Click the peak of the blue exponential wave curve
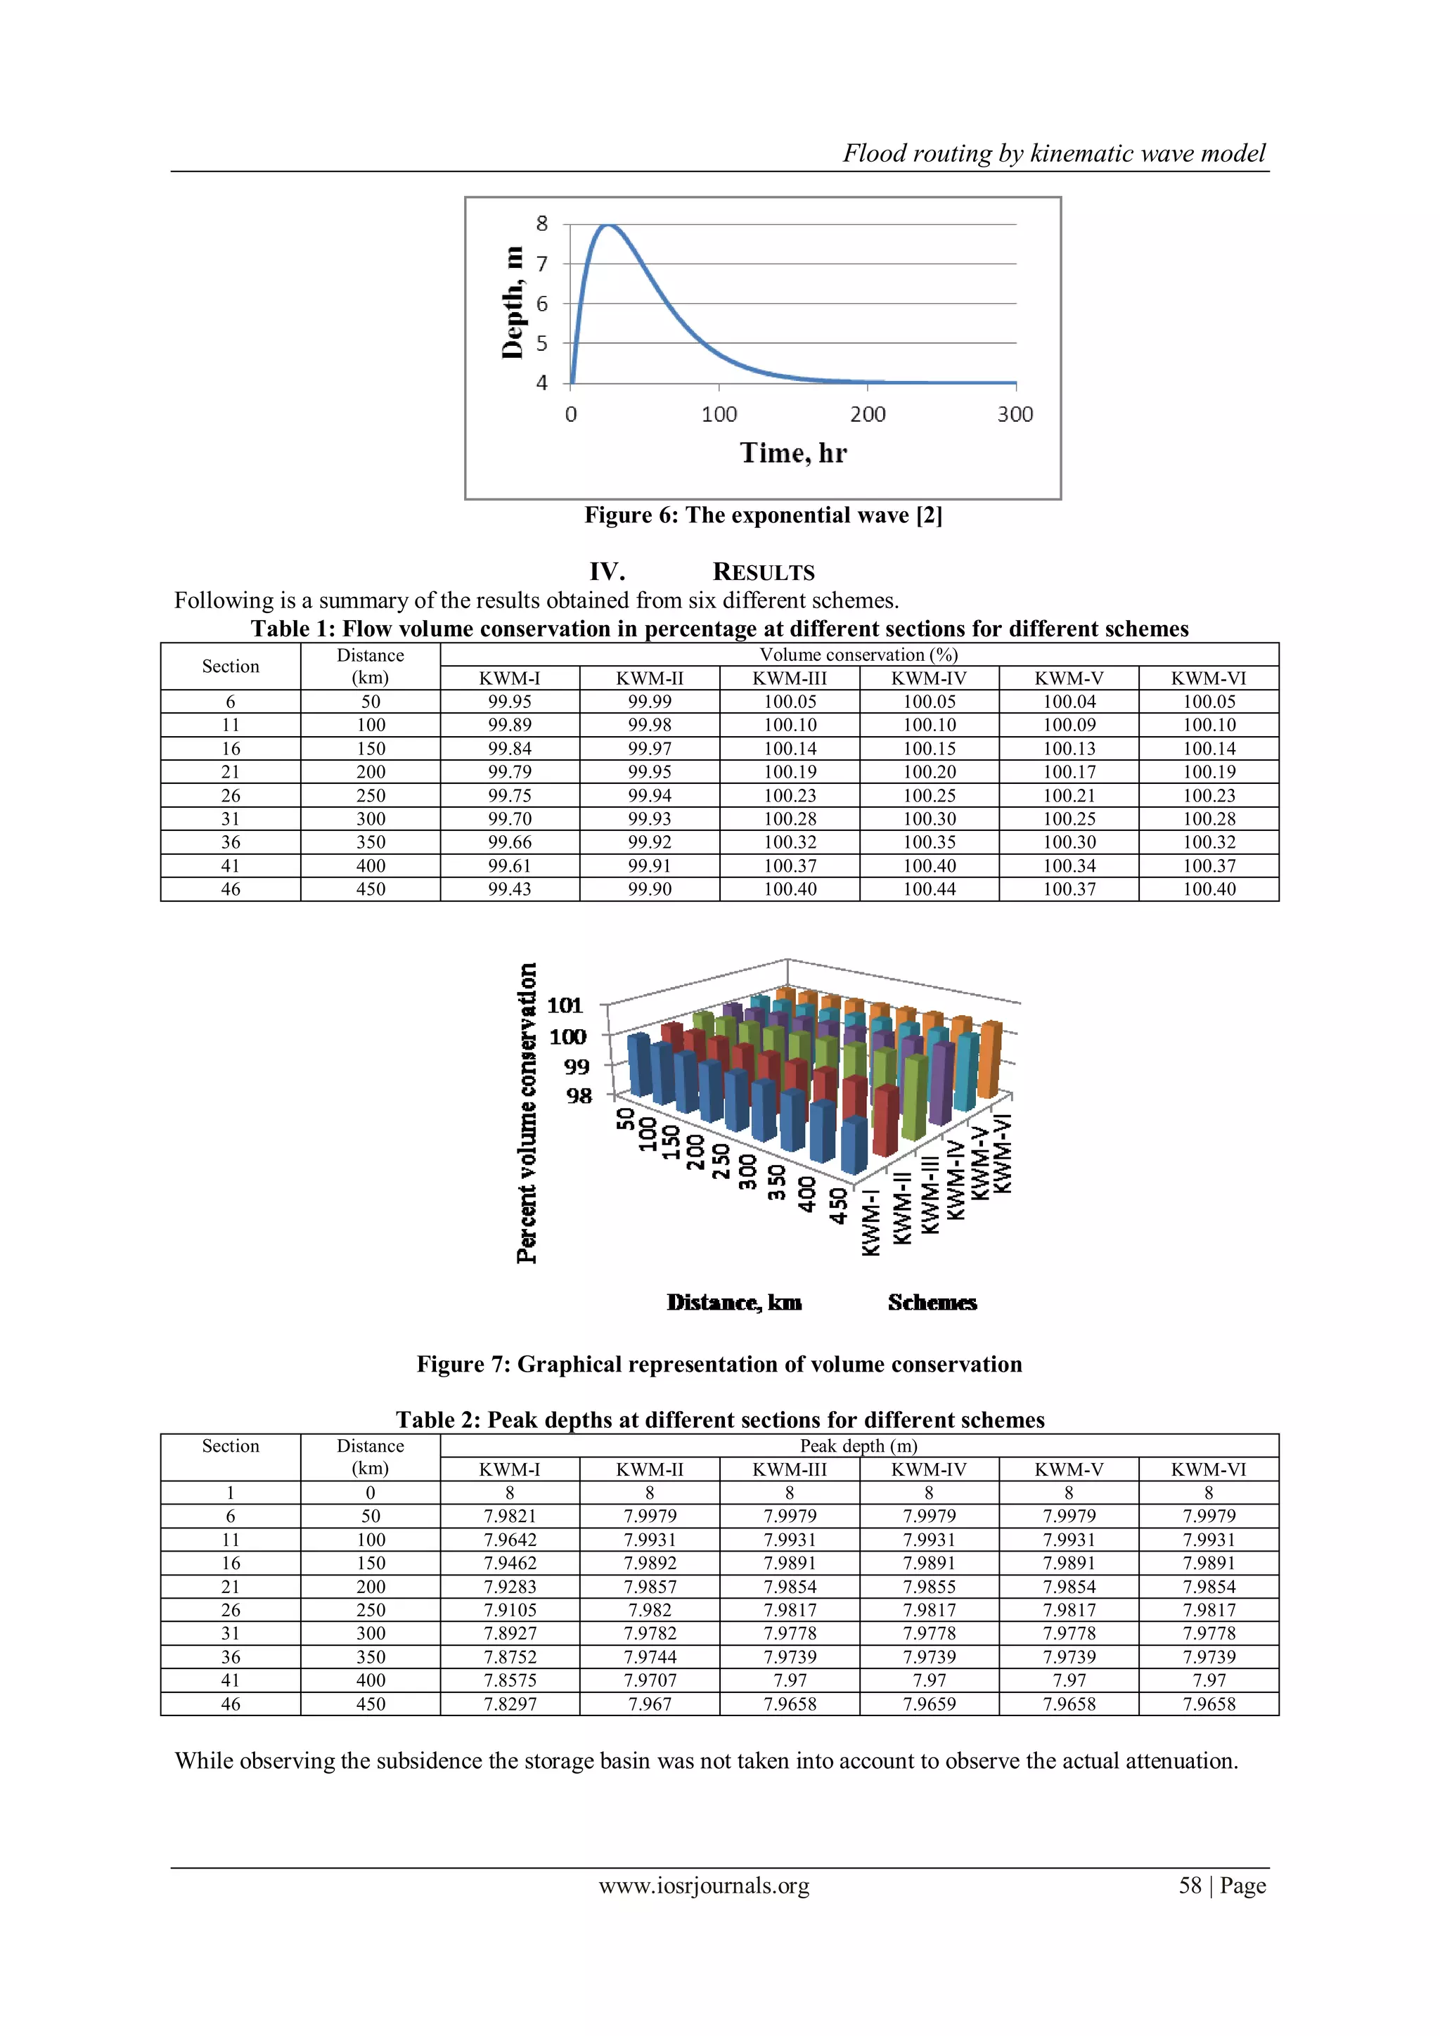(608, 225)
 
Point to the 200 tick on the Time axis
(867, 414)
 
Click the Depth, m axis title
(513, 302)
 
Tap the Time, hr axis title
(794, 453)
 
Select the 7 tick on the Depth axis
(542, 264)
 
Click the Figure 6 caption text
(763, 515)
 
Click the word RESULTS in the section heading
(764, 572)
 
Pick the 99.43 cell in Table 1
(510, 889)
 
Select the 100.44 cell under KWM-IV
(930, 889)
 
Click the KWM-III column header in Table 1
(789, 678)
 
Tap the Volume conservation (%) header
(859, 655)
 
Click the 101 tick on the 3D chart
(565, 1005)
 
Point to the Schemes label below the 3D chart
(932, 1303)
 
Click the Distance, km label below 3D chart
(734, 1303)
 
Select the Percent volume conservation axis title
(527, 1113)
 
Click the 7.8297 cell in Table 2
(510, 1704)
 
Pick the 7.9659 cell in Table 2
(930, 1704)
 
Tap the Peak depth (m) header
(859, 1446)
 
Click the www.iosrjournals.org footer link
(704, 1886)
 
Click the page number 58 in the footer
(1190, 1886)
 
